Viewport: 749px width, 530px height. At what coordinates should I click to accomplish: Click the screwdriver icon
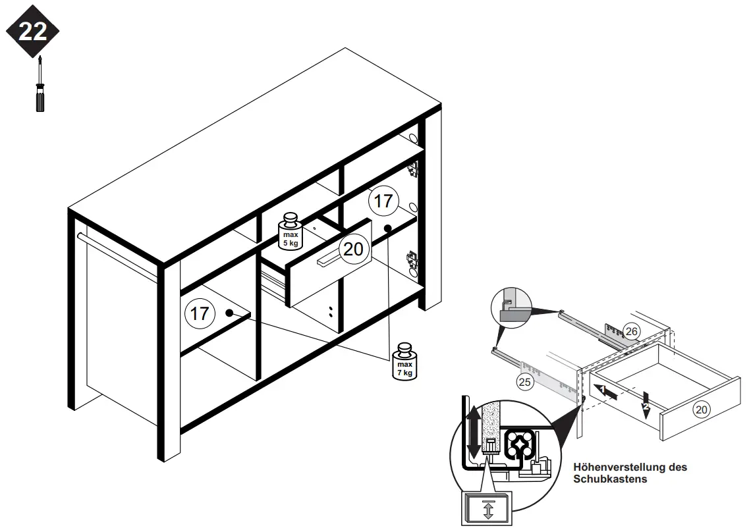[x=40, y=86]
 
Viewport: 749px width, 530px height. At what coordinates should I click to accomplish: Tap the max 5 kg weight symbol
[x=290, y=231]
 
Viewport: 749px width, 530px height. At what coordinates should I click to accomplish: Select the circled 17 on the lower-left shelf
[x=200, y=313]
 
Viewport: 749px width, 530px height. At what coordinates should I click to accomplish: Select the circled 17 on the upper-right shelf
[x=383, y=200]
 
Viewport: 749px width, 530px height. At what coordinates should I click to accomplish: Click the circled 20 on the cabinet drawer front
[x=353, y=250]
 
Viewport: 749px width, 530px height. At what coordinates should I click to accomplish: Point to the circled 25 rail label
[x=525, y=382]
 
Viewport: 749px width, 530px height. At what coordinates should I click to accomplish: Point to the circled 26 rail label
[x=631, y=331]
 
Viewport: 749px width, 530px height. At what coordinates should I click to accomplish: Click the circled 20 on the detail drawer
[x=702, y=410]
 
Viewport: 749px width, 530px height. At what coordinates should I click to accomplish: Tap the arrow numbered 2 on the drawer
[x=646, y=402]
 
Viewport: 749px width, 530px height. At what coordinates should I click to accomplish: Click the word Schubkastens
[x=610, y=479]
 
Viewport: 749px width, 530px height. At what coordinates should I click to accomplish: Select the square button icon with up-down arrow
[x=487, y=510]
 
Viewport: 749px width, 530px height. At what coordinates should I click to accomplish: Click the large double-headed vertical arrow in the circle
[x=473, y=434]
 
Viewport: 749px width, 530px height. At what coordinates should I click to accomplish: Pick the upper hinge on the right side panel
[x=413, y=169]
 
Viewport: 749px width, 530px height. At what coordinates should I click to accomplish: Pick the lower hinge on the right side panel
[x=412, y=257]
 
